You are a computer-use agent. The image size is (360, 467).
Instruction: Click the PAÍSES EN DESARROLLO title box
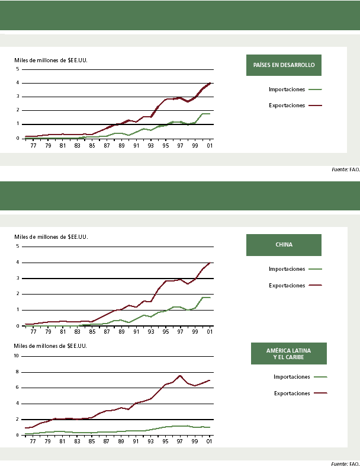[x=284, y=65]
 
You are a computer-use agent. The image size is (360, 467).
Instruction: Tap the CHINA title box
[x=284, y=245]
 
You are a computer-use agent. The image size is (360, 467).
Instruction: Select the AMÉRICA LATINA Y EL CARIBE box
[x=288, y=354]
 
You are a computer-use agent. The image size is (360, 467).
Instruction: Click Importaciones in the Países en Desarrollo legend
[x=287, y=89]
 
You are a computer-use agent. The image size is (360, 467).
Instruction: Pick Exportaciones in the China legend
[x=287, y=285]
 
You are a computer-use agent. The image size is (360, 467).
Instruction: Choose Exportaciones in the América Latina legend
[x=292, y=392]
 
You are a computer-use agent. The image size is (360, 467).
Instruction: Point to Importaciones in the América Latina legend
[x=292, y=376]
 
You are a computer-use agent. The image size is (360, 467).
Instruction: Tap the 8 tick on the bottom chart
[x=18, y=372]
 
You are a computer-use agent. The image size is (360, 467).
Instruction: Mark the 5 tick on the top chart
[x=18, y=69]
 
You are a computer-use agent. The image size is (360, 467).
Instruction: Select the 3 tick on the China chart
[x=18, y=278]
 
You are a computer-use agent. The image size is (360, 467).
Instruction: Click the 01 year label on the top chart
[x=210, y=145]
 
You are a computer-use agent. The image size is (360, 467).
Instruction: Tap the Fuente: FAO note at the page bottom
[x=345, y=463]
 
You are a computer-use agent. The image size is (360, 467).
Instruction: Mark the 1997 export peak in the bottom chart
[x=180, y=376]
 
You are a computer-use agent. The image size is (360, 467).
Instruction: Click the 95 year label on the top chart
[x=165, y=145]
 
